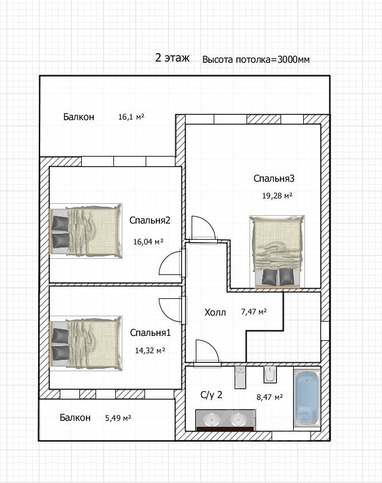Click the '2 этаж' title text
click(x=172, y=57)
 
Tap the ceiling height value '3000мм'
click(x=294, y=59)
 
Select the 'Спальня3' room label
click(x=274, y=178)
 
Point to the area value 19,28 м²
click(x=277, y=195)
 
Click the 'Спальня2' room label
click(x=150, y=220)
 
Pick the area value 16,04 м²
click(x=148, y=241)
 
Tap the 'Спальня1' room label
click(x=150, y=333)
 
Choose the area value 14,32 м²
click(x=150, y=350)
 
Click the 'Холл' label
click(x=215, y=313)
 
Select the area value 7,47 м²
click(x=254, y=311)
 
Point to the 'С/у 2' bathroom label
click(x=211, y=395)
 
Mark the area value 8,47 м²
click(x=270, y=397)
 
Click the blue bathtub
click(x=307, y=399)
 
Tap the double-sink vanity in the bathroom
click(x=226, y=420)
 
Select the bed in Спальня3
click(x=277, y=252)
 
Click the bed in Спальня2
click(x=86, y=230)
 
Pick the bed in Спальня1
click(x=86, y=343)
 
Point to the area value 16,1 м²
click(x=131, y=117)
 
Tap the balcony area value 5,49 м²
click(x=118, y=418)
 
